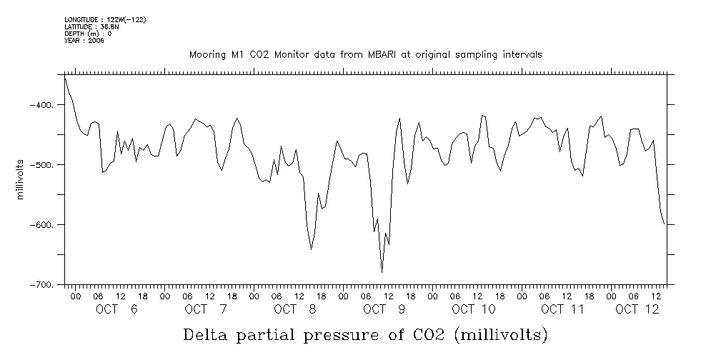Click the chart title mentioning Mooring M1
pos(365,54)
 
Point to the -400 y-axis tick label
pos(42,105)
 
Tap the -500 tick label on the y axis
pos(42,165)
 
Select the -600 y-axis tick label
pos(42,225)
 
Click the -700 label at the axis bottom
pos(42,285)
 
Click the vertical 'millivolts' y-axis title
pos(21,179)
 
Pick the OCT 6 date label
pos(116,309)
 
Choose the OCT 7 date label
pos(206,309)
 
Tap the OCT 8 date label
pos(295,309)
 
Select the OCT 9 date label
pos(384,309)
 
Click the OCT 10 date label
pos(474,309)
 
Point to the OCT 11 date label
pos(563,309)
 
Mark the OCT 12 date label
pos(637,309)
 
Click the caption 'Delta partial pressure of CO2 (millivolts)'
pos(365,334)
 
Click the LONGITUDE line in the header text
pos(105,19)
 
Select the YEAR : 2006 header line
pos(84,41)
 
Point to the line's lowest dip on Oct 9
pos(382,272)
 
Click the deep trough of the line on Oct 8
pos(311,249)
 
